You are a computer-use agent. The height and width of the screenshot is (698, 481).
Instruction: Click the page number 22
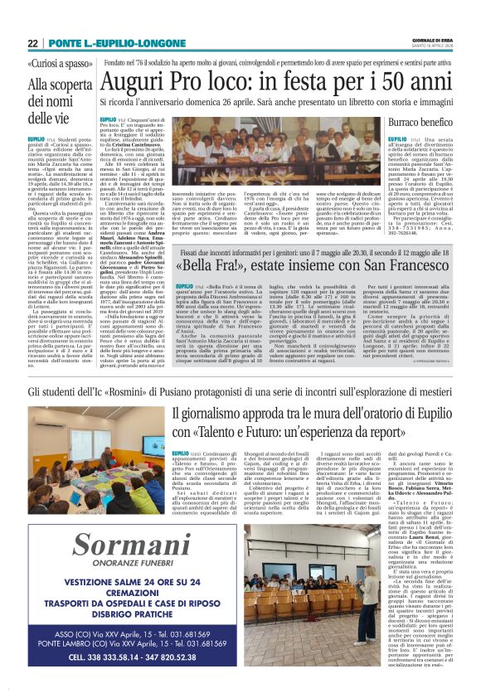coord(33,43)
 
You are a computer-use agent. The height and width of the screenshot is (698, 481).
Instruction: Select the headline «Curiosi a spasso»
coord(58,64)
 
